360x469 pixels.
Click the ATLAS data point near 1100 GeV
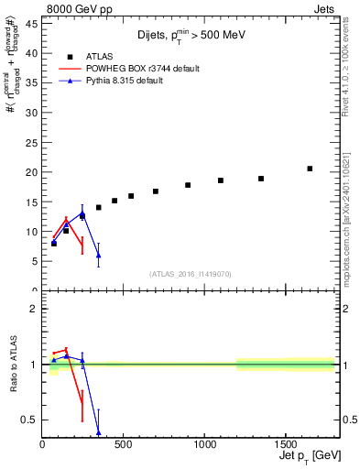point(221,180)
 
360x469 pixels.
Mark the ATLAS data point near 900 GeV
point(188,185)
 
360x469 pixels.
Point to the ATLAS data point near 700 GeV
point(156,191)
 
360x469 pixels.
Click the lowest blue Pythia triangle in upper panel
point(98,256)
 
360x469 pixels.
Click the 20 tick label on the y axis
point(31,172)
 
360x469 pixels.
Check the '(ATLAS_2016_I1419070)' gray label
point(191,273)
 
